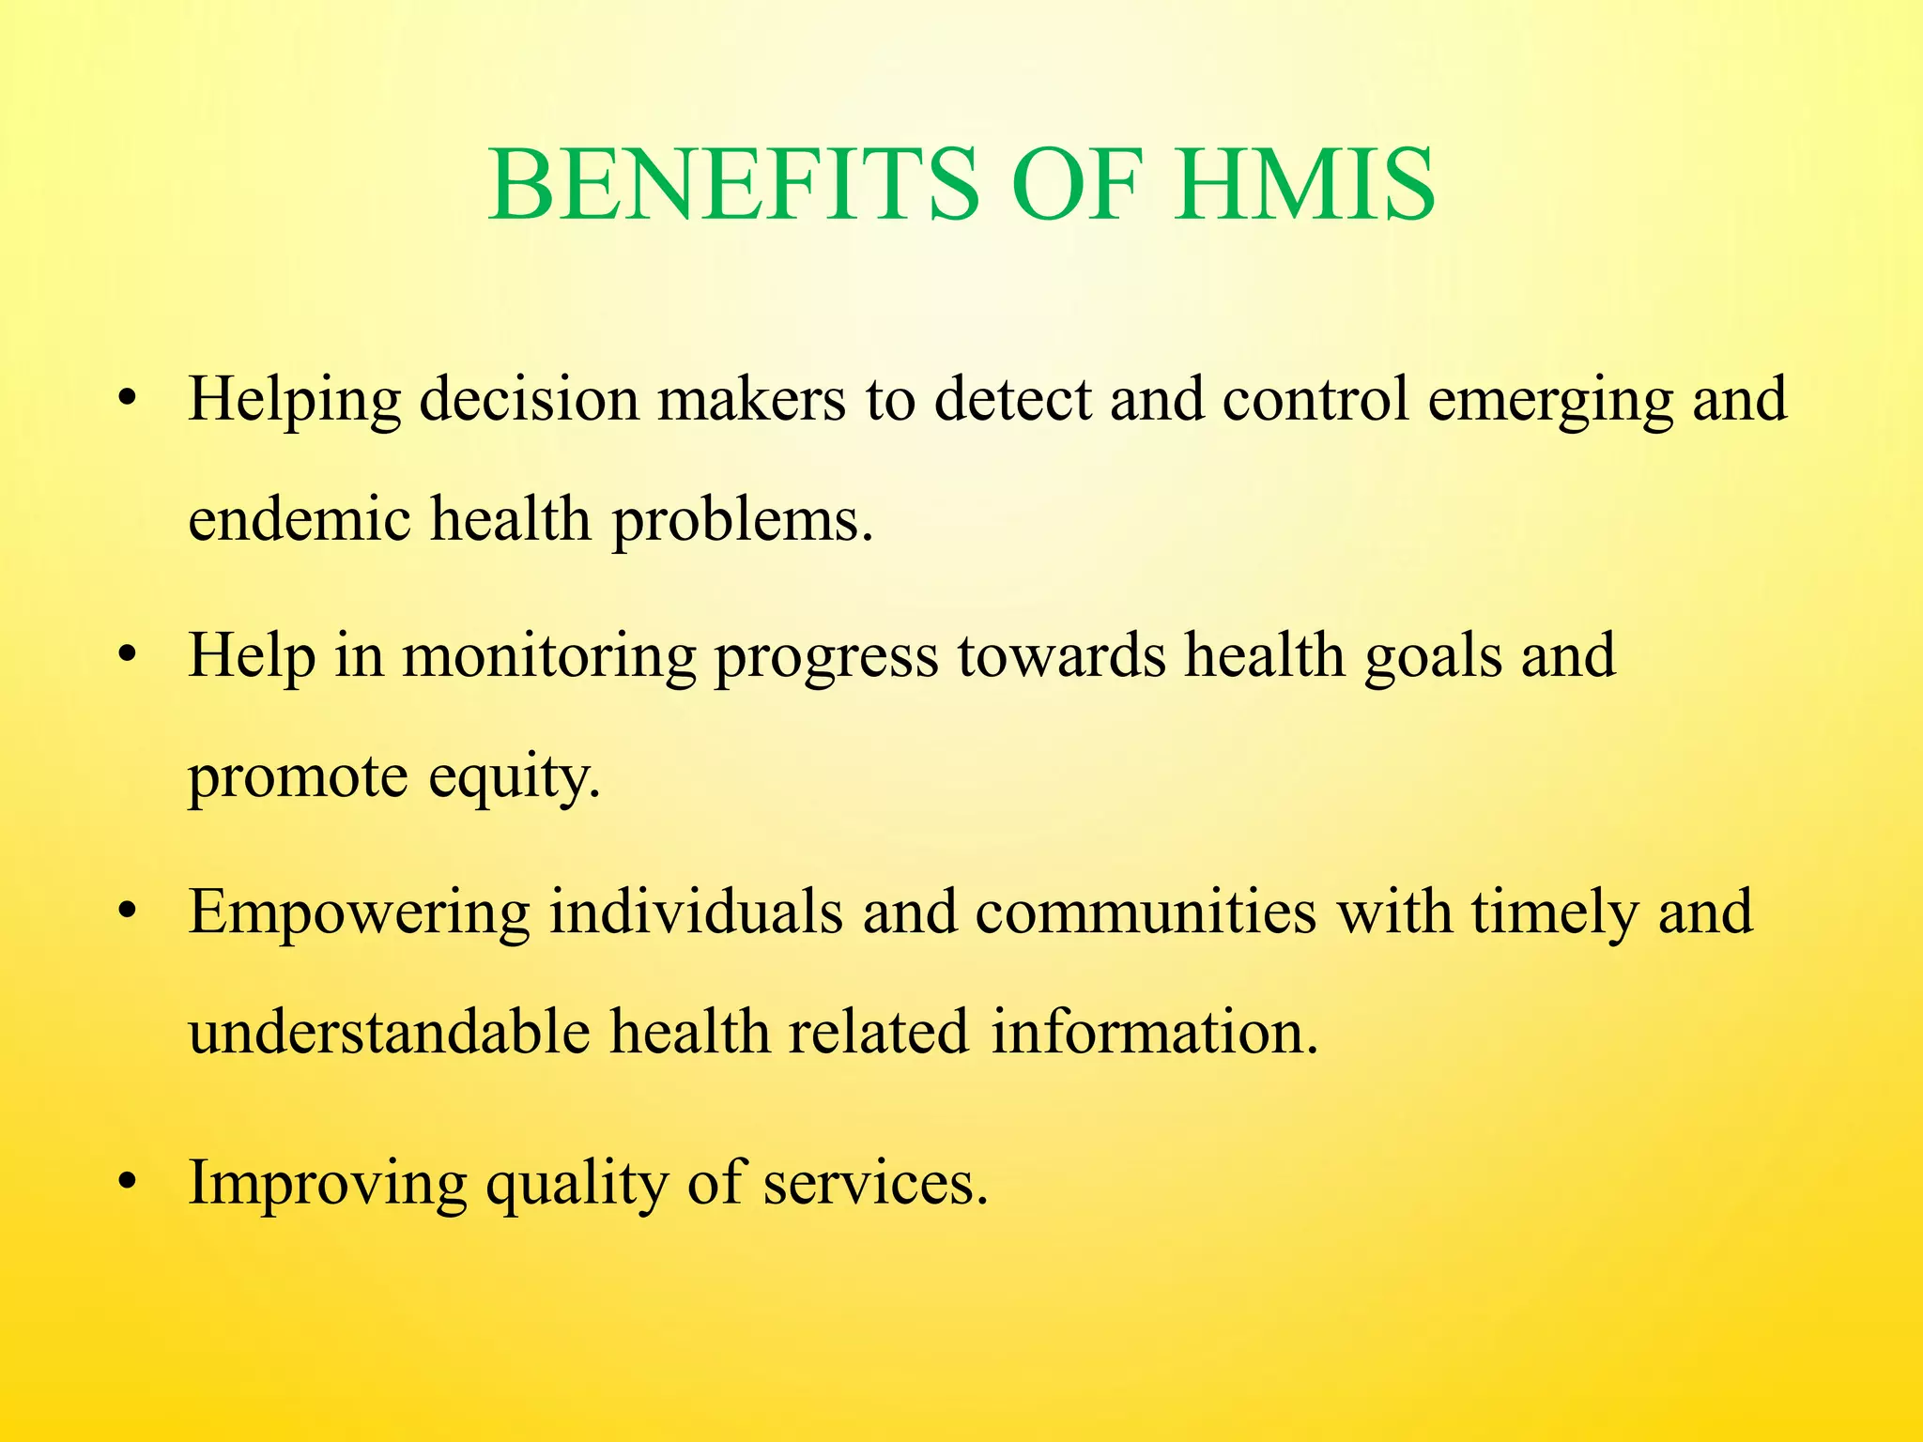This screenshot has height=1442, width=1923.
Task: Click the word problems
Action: coord(743,519)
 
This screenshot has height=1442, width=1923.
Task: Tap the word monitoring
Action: coord(549,656)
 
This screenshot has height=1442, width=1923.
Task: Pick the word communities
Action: coord(1146,912)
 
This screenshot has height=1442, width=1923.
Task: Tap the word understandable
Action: coord(390,1032)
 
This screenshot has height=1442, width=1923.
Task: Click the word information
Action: coord(1156,1032)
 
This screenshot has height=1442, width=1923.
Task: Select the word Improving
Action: coord(328,1184)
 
